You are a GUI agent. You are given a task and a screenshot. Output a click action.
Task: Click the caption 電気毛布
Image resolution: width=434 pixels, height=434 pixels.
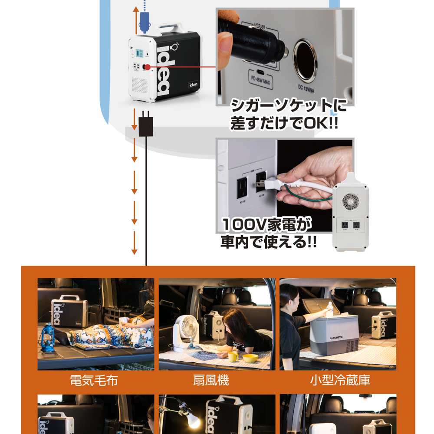94,381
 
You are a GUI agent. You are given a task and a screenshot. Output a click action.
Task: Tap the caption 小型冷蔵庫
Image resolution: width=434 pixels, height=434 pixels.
340,381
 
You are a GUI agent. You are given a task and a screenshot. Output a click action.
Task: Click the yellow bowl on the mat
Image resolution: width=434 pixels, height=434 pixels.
250,358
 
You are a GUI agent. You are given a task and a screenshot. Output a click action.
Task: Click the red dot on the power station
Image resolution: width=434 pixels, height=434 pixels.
148,67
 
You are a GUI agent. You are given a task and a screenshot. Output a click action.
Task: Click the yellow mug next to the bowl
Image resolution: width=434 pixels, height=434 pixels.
233,356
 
